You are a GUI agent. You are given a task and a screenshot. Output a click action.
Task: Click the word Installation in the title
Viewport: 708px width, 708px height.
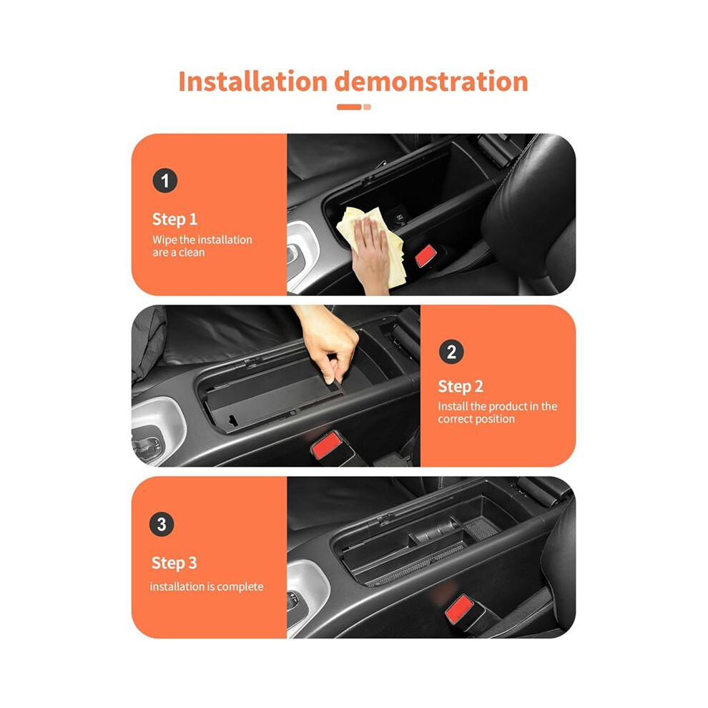point(253,82)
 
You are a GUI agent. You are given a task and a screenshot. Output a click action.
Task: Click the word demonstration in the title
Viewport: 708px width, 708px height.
point(431,82)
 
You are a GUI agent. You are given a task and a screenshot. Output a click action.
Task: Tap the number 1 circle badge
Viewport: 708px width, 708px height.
point(164,181)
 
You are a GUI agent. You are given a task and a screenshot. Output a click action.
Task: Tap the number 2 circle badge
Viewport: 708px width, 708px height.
point(451,352)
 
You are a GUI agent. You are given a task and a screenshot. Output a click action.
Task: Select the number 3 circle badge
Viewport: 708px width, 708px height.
point(161,524)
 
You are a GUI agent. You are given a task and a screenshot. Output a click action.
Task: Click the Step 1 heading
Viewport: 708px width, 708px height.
point(174,220)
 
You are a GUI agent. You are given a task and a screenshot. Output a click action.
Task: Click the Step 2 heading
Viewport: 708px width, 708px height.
point(460,386)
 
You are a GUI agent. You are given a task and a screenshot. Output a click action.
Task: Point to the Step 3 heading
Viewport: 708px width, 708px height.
point(174,563)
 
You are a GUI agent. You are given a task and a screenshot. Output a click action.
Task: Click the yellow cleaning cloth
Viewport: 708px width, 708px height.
point(371,244)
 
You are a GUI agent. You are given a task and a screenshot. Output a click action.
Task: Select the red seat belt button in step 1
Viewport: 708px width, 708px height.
point(426,255)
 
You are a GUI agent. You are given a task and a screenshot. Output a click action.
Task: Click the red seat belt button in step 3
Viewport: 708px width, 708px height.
point(458,609)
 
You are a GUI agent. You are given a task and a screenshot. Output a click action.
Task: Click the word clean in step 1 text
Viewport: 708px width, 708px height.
point(192,252)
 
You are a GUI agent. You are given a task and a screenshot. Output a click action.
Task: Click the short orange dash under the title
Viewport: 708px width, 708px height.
point(349,107)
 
